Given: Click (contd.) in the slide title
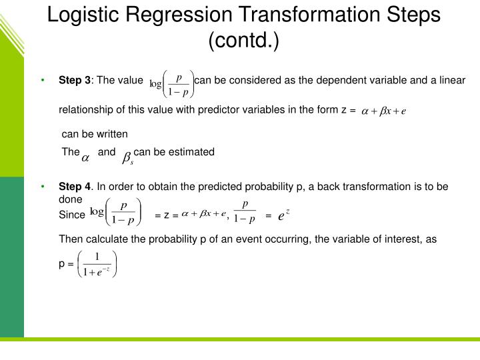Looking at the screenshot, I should pos(243,41).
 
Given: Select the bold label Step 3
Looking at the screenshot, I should pos(75,81).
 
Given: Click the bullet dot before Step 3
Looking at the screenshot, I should pos(43,81).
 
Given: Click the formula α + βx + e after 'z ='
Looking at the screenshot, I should pos(383,111).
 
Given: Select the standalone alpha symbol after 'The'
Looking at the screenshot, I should pos(85,158).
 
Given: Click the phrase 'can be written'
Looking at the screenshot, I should pos(94,133).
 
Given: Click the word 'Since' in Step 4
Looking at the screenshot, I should pos(72,215).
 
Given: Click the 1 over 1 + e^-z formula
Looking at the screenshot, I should pos(97,263).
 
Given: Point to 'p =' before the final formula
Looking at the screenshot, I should pos(66,263).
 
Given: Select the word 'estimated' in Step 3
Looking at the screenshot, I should pos(193,152).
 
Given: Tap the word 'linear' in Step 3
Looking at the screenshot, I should pos(452,81).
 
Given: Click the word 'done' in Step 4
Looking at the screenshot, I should pos(71,199).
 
